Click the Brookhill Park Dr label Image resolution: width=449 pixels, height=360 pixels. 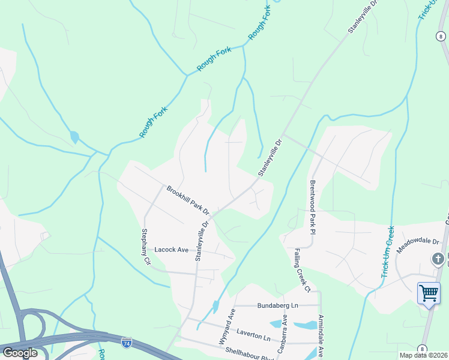[187, 200]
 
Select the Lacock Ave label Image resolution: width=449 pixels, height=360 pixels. [172, 249]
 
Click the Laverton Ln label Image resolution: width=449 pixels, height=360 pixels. [254, 330]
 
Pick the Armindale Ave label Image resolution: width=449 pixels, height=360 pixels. [321, 336]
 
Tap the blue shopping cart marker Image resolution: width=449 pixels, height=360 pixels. [429, 293]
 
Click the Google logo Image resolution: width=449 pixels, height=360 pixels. [20, 353]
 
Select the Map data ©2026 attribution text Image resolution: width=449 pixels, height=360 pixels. [423, 355]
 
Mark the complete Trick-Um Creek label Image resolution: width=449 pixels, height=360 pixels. [387, 252]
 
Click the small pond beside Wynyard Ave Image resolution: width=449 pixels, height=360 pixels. [215, 307]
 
